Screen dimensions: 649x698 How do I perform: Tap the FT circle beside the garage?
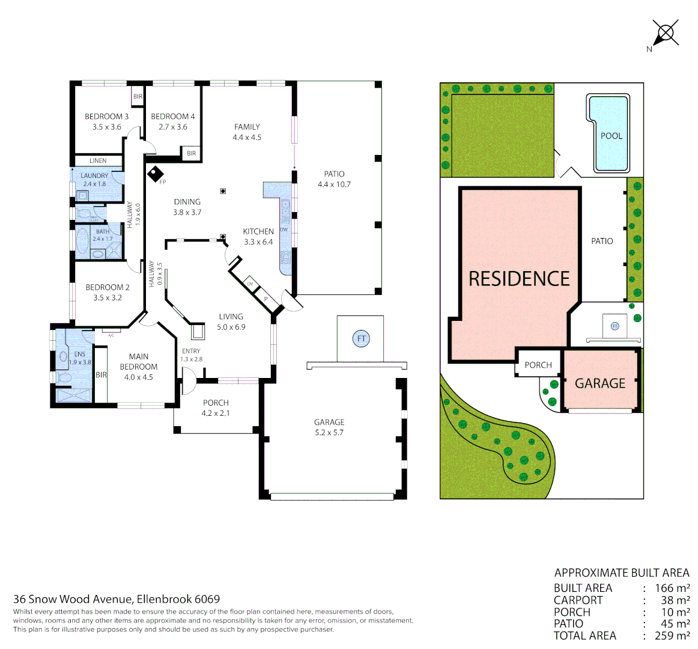[361, 338]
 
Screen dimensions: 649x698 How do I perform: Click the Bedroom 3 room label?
[106, 117]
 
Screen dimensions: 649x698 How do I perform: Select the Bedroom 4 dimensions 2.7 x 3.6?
[173, 127]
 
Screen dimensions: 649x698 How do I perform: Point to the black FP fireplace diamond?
[156, 174]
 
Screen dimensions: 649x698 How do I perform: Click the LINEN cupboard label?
[98, 160]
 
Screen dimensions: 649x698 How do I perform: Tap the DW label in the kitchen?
[284, 230]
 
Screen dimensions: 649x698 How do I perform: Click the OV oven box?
[250, 284]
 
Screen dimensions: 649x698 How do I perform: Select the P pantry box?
[265, 297]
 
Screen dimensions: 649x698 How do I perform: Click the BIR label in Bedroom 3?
[138, 96]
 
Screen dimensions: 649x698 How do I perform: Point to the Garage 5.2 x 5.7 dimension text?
[329, 433]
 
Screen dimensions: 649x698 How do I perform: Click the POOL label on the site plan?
[611, 136]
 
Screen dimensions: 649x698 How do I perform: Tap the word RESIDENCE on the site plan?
[519, 279]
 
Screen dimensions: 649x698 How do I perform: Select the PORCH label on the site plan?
[538, 365]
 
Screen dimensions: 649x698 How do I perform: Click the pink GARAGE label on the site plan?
[600, 383]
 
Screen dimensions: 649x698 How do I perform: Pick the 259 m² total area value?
[675, 636]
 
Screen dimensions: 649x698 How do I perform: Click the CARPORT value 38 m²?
[675, 600]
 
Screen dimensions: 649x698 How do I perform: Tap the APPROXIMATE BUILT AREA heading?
[622, 573]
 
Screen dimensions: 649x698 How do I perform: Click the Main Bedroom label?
[139, 362]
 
